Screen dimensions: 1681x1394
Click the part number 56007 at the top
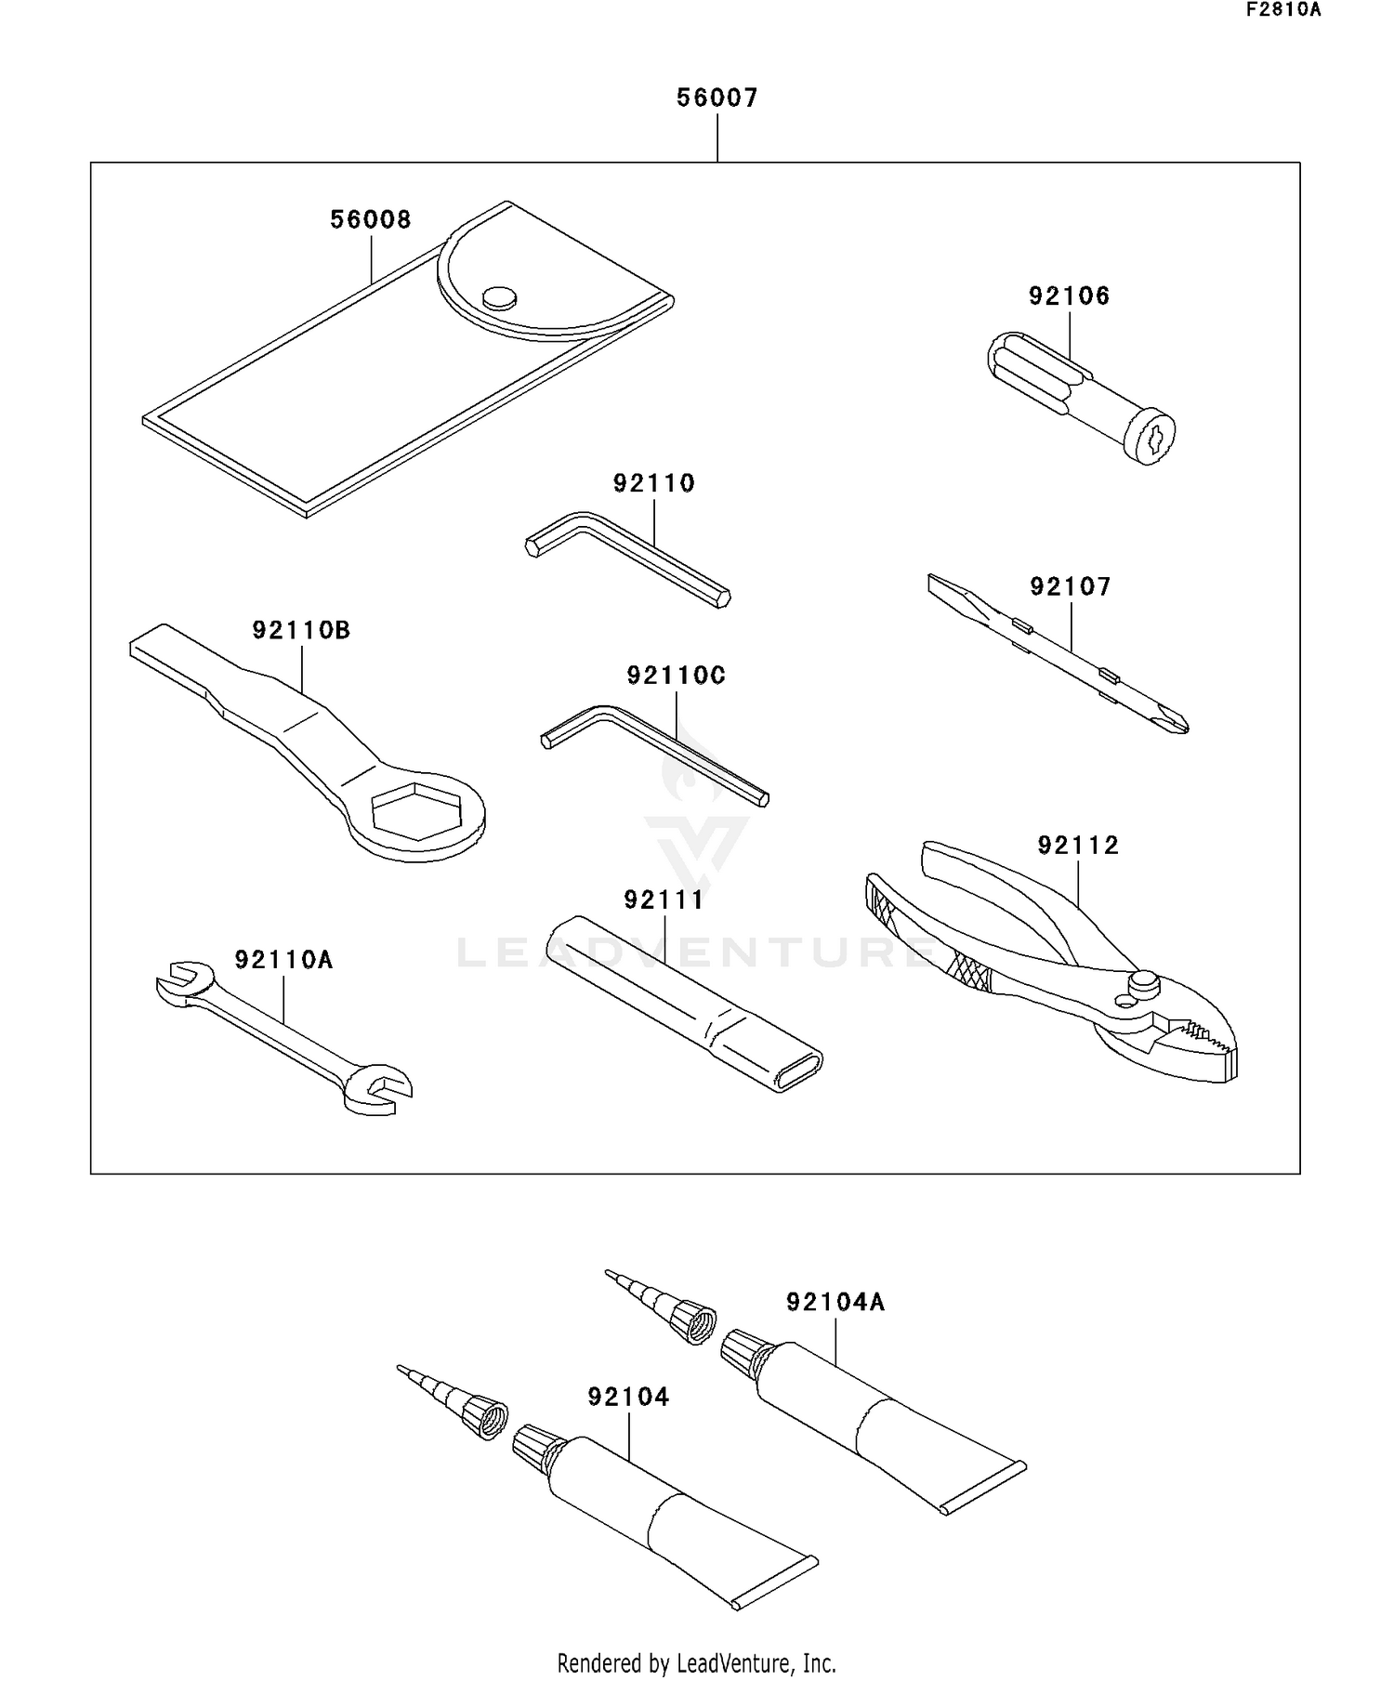click(717, 98)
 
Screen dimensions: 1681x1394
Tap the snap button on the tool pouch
click(499, 296)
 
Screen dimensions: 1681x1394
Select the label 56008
click(371, 220)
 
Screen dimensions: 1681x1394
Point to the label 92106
click(1069, 296)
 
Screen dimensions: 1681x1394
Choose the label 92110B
click(301, 631)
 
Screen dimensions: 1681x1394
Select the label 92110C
click(676, 676)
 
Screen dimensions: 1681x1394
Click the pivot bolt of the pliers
click(1141, 981)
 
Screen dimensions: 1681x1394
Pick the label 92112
click(1078, 846)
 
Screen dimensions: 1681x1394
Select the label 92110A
click(283, 960)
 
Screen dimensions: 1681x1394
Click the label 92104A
click(835, 1303)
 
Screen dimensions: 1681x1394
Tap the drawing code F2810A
click(1282, 10)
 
